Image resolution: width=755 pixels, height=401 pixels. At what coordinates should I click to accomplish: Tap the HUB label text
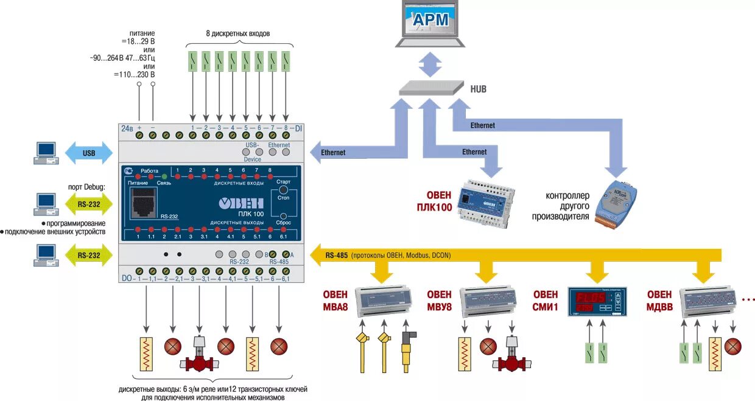[x=478, y=89]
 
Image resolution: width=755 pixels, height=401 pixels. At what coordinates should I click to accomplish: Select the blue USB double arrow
[x=89, y=152]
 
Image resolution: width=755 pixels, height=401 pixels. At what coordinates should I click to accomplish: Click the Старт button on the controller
[x=283, y=190]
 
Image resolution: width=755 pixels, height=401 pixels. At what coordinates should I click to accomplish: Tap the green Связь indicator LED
[x=164, y=175]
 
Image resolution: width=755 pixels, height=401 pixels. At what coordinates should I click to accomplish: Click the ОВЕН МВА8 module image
[x=383, y=300]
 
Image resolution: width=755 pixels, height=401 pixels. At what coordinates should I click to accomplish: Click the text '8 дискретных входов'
[x=237, y=33]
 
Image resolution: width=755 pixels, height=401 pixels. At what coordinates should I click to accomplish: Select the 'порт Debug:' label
[x=86, y=187]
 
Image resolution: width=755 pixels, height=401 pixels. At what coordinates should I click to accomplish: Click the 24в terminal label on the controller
[x=127, y=128]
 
